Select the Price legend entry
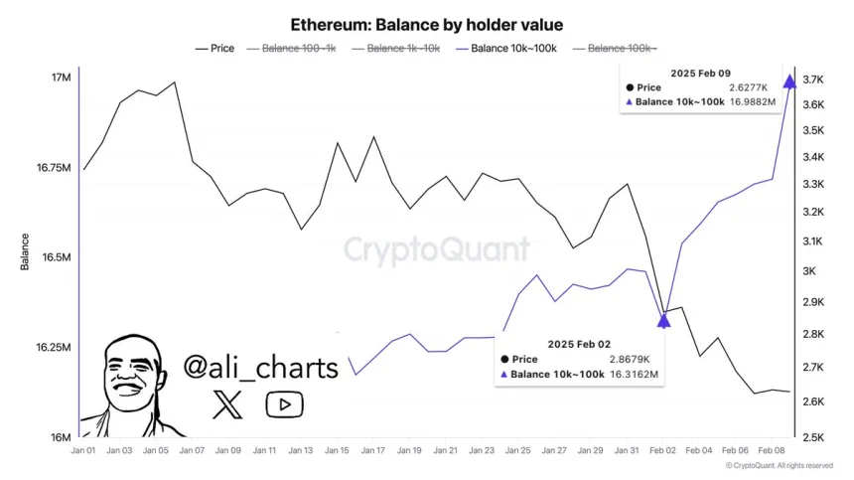pos(215,48)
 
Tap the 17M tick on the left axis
pos(60,78)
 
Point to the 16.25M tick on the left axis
pos(52,348)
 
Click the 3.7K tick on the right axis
pos(815,80)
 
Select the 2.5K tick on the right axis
pos(815,437)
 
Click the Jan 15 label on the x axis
pos(338,450)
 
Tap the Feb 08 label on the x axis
pos(772,450)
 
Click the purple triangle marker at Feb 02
pos(664,319)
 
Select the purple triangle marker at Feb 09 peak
pos(789,81)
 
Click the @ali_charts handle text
pos(261,368)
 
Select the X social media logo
pos(227,402)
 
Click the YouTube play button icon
pos(284,403)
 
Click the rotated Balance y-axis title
pos(25,252)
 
